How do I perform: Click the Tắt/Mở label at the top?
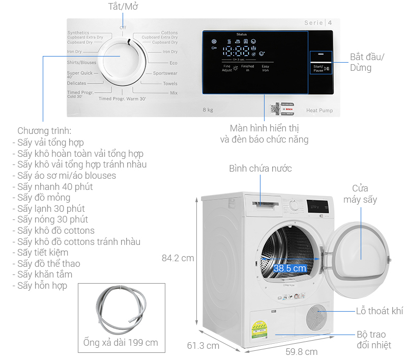click(124, 7)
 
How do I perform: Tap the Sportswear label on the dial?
click(165, 73)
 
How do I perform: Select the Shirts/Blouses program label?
click(81, 63)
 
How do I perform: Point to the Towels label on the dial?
click(170, 84)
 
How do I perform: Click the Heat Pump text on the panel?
click(319, 110)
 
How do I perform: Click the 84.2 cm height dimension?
click(178, 258)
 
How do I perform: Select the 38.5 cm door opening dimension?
click(289, 268)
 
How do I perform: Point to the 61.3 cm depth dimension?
click(203, 346)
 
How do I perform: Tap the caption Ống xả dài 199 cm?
click(121, 343)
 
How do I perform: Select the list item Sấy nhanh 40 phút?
click(55, 186)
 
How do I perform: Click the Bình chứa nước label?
click(260, 168)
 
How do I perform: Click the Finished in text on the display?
click(247, 68)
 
